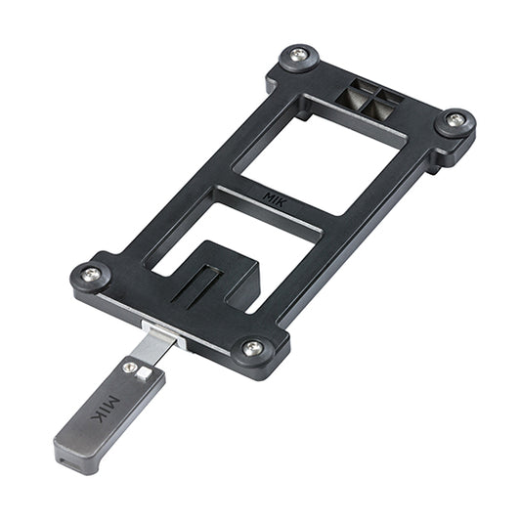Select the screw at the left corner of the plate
91,275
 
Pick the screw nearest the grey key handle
252,346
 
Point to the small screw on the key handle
131,368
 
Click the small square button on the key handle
144,374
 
